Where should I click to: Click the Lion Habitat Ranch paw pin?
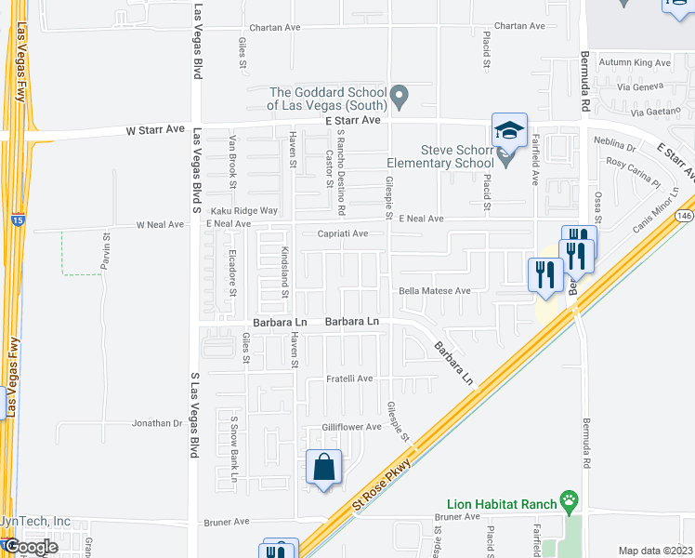pyautogui.click(x=568, y=503)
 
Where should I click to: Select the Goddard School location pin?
pyautogui.click(x=400, y=94)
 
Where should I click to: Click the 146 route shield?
pyautogui.click(x=686, y=214)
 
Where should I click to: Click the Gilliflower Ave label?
pyautogui.click(x=352, y=427)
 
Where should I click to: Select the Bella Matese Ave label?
pyautogui.click(x=436, y=291)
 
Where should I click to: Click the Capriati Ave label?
pyautogui.click(x=344, y=234)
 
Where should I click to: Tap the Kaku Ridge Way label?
pyautogui.click(x=243, y=211)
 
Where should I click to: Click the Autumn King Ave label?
pyautogui.click(x=635, y=63)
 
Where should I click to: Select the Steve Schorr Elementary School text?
pyautogui.click(x=457, y=155)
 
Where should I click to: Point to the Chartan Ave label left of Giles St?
pyautogui.click(x=269, y=27)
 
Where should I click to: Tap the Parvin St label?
pyautogui.click(x=106, y=253)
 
